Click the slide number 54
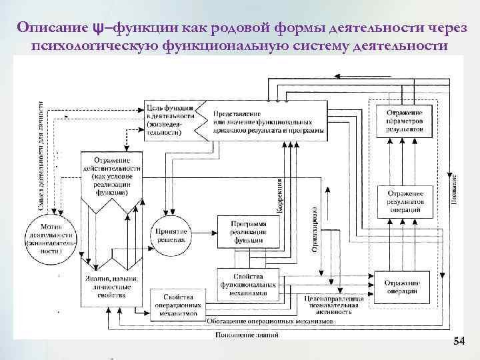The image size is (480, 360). pyautogui.click(x=459, y=341)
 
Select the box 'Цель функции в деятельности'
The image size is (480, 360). pyautogui.click(x=170, y=121)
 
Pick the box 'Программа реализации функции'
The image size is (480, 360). pyautogui.click(x=248, y=231)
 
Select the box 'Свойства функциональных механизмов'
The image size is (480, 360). pyautogui.click(x=247, y=283)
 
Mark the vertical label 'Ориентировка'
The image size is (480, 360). pyautogui.click(x=313, y=229)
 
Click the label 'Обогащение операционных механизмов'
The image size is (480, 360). pyautogui.click(x=269, y=321)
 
